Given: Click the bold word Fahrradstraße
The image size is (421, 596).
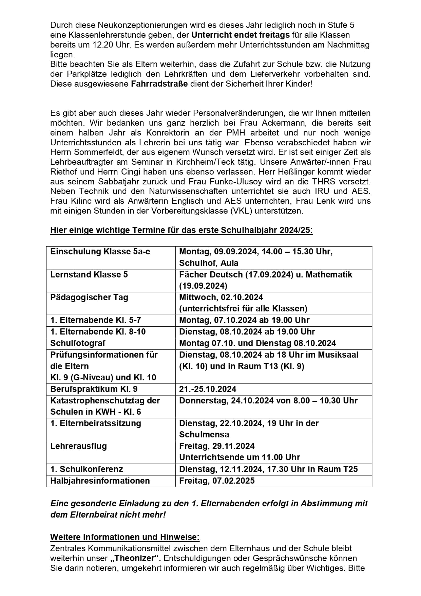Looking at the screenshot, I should pyautogui.click(x=159, y=84).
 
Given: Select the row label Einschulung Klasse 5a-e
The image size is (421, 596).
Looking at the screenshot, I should pyautogui.click(x=100, y=252).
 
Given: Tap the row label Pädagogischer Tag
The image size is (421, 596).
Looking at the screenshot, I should pyautogui.click(x=89, y=297).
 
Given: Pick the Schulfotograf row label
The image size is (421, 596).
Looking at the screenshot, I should pyautogui.click(x=78, y=343).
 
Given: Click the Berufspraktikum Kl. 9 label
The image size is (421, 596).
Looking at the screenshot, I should pyautogui.click(x=94, y=389).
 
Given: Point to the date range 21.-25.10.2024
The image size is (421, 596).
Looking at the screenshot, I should pyautogui.click(x=208, y=389).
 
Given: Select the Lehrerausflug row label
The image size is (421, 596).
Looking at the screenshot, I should pyautogui.click(x=78, y=446).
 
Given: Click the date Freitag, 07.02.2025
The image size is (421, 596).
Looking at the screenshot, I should pyautogui.click(x=217, y=481).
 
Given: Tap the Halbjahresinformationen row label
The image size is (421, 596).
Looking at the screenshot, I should pyautogui.click(x=100, y=481).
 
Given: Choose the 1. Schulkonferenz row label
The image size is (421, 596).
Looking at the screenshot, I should pyautogui.click(x=87, y=469).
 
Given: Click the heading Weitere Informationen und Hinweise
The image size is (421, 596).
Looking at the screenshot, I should pyautogui.click(x=125, y=537).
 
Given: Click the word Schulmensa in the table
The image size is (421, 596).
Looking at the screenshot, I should pyautogui.click(x=204, y=434).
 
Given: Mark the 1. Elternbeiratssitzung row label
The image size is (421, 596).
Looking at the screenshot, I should pyautogui.click(x=95, y=423).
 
